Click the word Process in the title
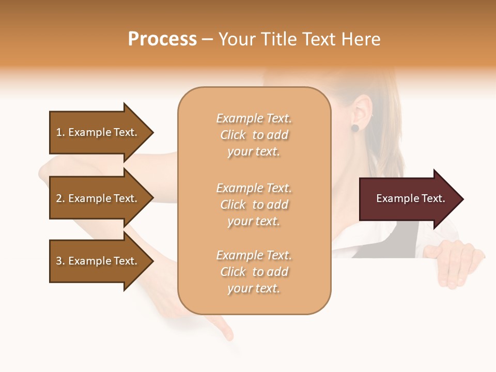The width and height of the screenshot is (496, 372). point(162,39)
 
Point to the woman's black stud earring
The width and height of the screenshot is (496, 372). point(355,128)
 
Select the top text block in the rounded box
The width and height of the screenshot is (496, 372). point(254,135)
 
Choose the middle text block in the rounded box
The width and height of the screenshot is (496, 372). point(254,205)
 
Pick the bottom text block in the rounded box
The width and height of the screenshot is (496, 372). point(254,272)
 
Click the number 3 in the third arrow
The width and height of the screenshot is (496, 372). point(59,261)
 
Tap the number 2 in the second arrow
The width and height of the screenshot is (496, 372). point(59,198)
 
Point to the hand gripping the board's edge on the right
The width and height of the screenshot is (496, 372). point(455,261)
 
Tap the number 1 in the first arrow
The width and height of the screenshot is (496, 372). point(58,132)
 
